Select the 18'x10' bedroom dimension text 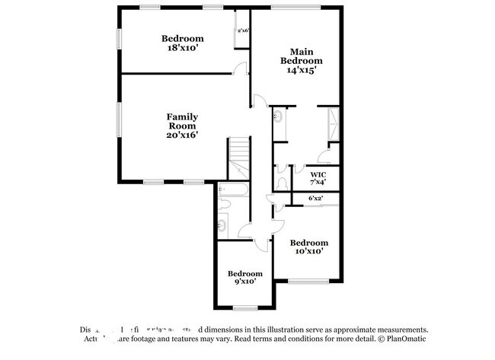182,48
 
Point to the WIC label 318,174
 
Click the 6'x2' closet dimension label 315,199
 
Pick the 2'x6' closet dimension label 243,31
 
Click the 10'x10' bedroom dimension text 309,250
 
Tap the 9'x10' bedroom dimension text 245,281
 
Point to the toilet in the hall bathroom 225,205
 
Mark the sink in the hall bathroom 223,224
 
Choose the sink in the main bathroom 279,117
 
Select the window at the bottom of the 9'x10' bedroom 245,307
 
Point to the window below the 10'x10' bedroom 308,282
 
